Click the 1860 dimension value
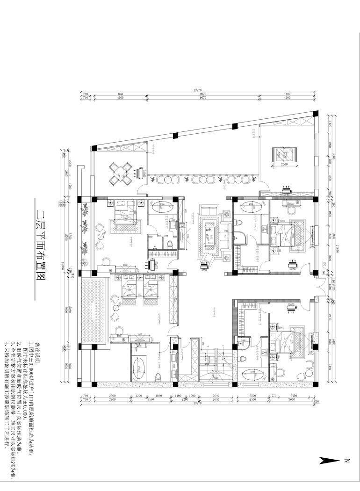tap(158, 396)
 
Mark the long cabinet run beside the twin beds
tap(174, 299)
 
